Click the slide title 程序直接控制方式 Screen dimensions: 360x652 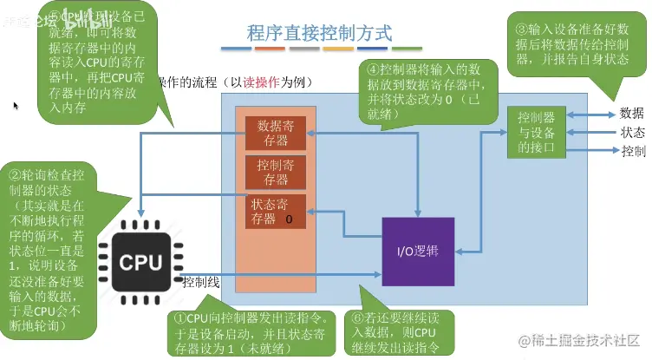tap(320, 34)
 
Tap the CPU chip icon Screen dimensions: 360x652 tap(140, 261)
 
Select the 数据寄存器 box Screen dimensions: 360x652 tap(277, 133)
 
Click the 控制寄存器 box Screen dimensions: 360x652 tap(277, 171)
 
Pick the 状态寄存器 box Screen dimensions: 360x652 tap(277, 212)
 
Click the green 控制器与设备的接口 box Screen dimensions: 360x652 tap(537, 132)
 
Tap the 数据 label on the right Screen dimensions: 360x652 tap(632, 113)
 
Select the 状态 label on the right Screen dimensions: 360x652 tap(632, 132)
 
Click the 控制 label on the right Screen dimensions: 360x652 tap(632, 151)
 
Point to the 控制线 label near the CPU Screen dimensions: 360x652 tap(201, 281)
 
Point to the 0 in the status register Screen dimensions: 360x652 tap(288, 219)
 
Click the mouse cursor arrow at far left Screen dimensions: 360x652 tap(15, 106)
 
